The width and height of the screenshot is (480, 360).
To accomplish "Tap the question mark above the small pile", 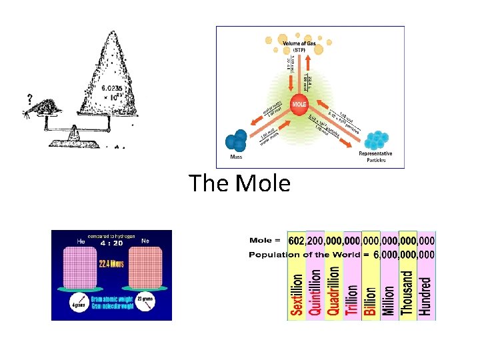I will (30, 99).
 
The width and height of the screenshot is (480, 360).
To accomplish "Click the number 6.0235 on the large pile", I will (112, 87).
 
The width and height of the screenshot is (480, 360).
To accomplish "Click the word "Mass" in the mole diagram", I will (235, 158).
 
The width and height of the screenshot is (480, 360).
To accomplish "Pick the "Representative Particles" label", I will (375, 157).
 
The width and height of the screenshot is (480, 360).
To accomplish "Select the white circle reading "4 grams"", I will (80, 305).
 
